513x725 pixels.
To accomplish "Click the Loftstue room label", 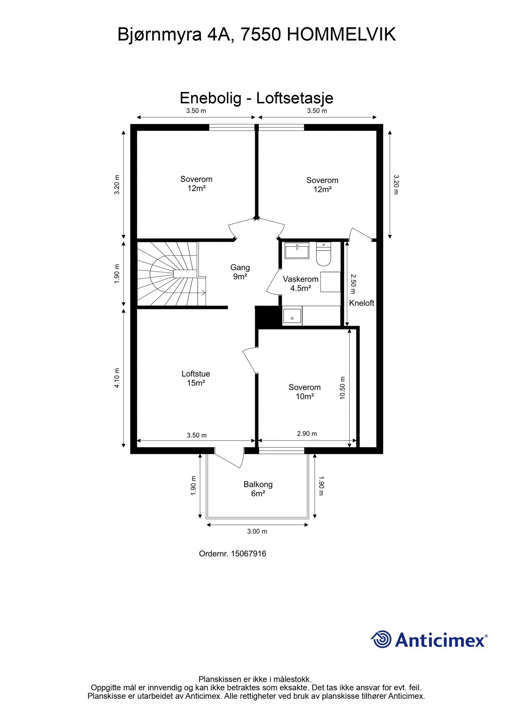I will coord(196,378).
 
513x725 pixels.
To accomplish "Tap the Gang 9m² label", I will coord(240,272).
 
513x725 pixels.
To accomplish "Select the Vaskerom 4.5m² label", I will coord(300,284).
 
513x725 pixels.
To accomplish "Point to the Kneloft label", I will coord(361,303).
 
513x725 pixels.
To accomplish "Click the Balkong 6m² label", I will coord(258,489).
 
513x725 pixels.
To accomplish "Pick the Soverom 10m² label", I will coord(304,392).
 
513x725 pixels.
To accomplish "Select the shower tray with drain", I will coord(292,316).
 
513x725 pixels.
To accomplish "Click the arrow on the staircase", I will coord(203,292).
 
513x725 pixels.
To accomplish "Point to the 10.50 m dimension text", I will coord(342,388).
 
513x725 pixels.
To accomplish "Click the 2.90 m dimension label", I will coord(307,434).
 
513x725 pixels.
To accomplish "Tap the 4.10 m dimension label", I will coord(117,378).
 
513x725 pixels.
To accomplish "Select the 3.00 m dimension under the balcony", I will coord(257,531).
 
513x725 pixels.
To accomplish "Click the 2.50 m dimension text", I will coord(353,284).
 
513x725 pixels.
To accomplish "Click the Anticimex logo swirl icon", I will coord(381,639).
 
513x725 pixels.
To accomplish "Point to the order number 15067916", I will coord(248,554).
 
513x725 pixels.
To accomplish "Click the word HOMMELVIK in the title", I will coord(341,35).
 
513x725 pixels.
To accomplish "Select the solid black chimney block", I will coord(266,317).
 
